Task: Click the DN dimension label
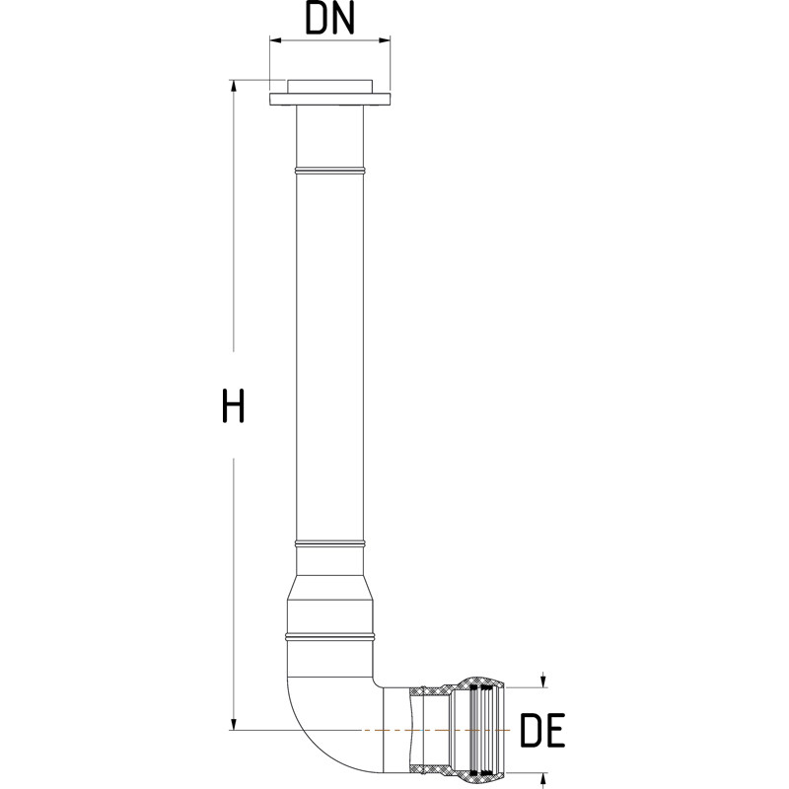point(330,20)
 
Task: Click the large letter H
point(233,406)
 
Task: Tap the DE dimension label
point(540,731)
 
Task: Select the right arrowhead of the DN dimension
point(385,40)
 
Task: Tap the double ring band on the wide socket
point(330,634)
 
